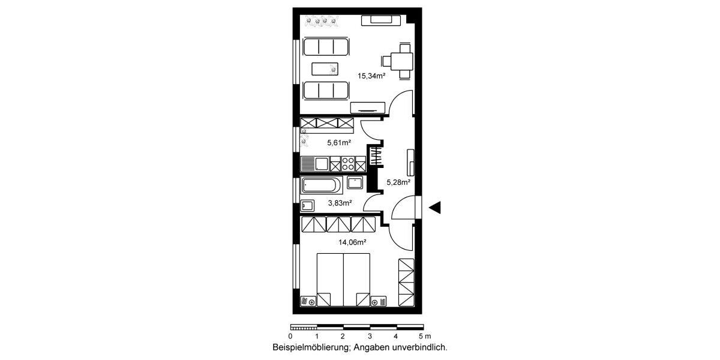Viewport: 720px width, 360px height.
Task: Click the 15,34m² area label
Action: click(371, 76)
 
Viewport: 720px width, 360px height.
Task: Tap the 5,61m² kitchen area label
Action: click(338, 143)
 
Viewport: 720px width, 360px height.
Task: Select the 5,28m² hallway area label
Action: click(398, 182)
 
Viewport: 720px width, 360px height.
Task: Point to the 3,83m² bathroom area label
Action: click(340, 203)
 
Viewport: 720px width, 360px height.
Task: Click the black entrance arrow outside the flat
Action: click(435, 208)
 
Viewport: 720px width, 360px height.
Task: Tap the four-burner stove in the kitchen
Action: click(348, 164)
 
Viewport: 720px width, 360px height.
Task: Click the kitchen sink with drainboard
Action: click(314, 164)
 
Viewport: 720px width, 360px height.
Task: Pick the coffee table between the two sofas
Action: click(325, 68)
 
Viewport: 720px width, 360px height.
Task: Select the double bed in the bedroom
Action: click(343, 280)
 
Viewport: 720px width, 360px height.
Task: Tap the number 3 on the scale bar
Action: click(370, 337)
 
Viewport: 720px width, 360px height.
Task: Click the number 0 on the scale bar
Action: click(290, 337)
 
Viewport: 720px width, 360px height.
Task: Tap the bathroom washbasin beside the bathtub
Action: click(355, 182)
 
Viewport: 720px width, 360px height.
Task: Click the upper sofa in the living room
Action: click(326, 46)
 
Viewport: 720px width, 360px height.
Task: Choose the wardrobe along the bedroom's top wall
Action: click(338, 224)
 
